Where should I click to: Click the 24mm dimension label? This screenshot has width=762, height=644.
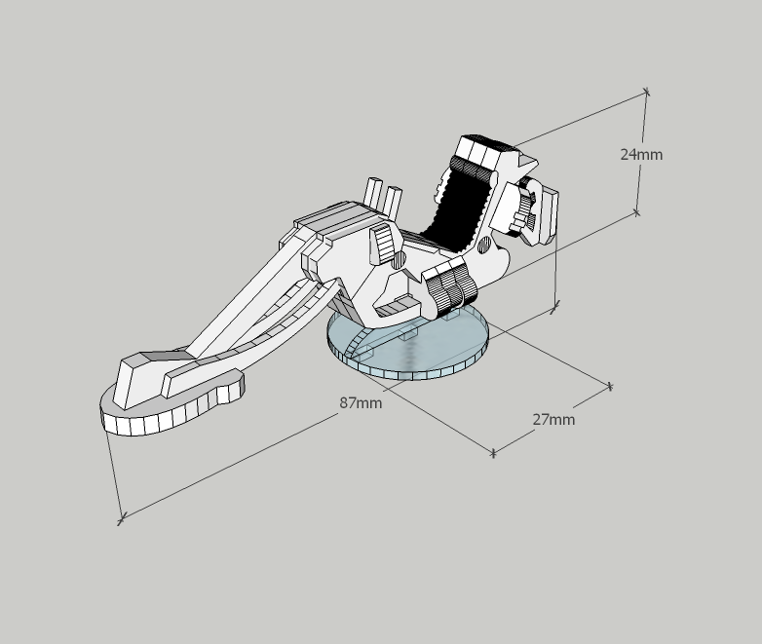point(641,155)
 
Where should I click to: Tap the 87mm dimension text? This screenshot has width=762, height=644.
point(361,403)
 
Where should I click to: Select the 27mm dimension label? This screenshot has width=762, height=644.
point(553,420)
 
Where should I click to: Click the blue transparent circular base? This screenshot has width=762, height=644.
point(407,346)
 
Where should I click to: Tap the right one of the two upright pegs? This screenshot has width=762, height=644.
point(393,202)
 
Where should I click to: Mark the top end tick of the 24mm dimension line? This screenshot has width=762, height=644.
point(646,91)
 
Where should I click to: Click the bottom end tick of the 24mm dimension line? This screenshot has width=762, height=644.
point(636,212)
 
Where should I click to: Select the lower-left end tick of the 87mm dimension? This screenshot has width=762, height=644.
point(121,519)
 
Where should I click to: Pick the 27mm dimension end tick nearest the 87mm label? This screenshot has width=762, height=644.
point(493,453)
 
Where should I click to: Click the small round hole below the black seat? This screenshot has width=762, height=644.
point(484,246)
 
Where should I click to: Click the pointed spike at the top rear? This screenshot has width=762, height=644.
point(528,162)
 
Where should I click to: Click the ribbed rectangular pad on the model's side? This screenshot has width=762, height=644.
point(383,243)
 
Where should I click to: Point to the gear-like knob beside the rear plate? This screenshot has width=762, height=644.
point(524,209)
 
